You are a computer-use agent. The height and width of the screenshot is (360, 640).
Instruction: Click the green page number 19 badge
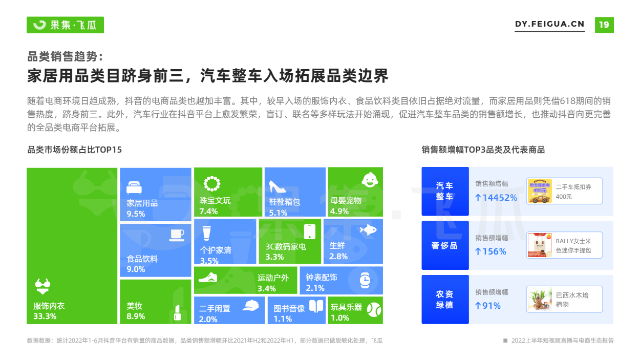604,25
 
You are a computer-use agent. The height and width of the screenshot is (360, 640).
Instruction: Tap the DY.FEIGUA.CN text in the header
550,24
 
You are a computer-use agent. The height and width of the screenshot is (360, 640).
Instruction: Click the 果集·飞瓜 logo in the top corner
65,25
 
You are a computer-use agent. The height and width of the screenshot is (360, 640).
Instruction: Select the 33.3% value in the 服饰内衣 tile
45,316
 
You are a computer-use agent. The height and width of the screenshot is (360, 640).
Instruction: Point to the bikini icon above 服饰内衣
42,286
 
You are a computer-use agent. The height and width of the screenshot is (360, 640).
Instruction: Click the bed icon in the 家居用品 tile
134,187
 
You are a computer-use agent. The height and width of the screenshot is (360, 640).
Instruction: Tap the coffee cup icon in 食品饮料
177,235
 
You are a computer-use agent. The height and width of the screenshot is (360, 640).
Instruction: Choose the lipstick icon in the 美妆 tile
178,312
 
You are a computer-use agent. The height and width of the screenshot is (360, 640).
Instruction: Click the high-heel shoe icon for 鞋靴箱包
277,186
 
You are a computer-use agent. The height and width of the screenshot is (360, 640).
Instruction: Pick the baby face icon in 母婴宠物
370,180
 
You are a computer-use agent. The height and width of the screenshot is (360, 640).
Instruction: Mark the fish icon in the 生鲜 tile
368,230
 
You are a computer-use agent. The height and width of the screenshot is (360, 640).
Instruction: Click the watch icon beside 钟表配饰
365,280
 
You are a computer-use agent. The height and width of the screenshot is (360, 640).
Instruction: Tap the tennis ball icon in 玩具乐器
374,310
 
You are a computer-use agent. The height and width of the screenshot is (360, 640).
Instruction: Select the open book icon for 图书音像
316,306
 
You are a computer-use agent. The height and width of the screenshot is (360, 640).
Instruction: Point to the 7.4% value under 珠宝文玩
208,211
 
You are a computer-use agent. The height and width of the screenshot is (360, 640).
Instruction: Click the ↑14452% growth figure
496,198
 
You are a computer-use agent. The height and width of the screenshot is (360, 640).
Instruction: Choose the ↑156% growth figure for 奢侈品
490,251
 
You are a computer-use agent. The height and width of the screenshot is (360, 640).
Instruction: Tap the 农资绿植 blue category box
445,300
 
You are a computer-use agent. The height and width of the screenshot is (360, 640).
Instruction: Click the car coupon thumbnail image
540,191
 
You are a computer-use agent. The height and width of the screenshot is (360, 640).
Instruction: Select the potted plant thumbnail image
540,299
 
